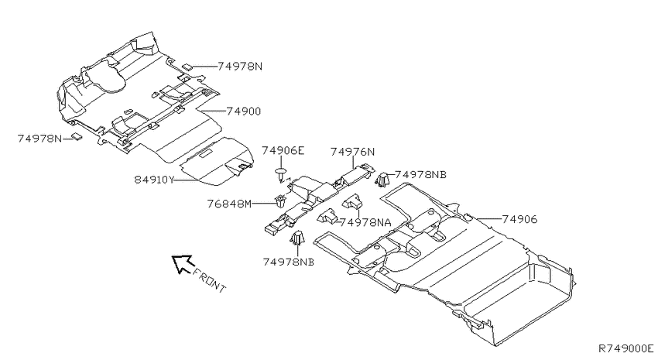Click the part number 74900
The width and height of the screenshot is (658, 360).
coord(243,111)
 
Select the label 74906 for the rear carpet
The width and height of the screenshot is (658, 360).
coord(519,219)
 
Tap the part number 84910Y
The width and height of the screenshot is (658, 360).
coord(154,180)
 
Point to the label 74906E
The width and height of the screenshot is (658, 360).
coord(283,151)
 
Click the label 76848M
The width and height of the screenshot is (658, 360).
coord(229,204)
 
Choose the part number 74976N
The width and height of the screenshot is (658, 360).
coord(352,152)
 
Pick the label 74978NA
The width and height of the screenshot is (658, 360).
coord(365,222)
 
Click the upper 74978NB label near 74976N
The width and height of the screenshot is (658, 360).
coord(420,174)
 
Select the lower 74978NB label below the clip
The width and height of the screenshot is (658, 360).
coord(288,262)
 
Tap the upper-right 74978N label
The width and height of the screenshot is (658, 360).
coord(240,67)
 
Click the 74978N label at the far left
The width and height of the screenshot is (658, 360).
coord(39,139)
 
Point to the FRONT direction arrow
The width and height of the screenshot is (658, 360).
coord(182,264)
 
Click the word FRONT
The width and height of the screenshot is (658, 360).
coord(210,280)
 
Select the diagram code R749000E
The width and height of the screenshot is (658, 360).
coord(625,348)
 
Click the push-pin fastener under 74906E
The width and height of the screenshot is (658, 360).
coord(281,174)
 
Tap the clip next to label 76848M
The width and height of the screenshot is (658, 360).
coord(280,201)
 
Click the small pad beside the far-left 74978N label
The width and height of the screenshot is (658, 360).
coord(76,136)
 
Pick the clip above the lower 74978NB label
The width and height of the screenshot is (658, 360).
coord(297,238)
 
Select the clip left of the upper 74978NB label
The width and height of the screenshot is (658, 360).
coord(382,180)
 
